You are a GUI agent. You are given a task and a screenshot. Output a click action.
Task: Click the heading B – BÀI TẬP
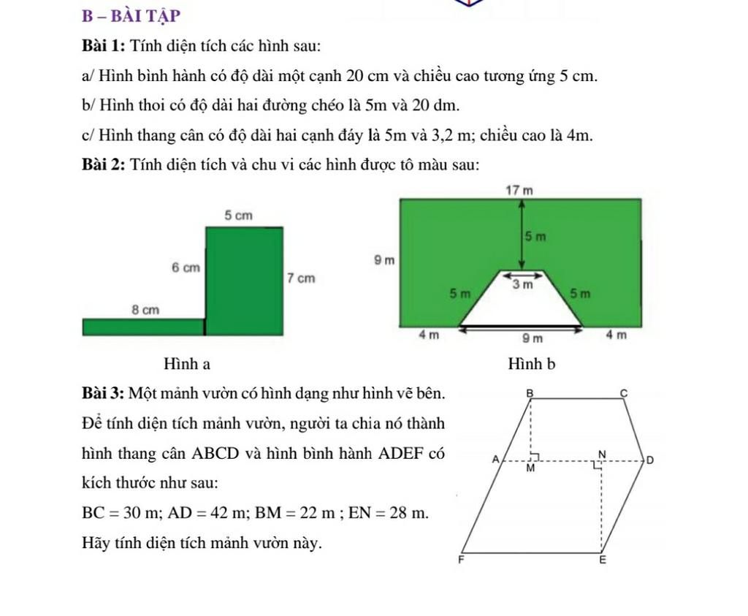point(132,15)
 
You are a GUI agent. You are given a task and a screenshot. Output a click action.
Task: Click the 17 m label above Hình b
point(519,190)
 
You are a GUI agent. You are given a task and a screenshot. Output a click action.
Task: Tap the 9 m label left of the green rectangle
point(383,259)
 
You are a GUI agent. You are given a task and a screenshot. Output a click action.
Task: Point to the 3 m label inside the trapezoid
point(521,285)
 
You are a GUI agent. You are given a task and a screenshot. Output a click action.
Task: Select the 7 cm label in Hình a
point(301,278)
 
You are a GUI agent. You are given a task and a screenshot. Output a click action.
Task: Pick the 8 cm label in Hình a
point(145,310)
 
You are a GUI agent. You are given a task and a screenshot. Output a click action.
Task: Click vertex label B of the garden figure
point(531,392)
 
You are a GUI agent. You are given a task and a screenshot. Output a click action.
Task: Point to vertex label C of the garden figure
point(624,392)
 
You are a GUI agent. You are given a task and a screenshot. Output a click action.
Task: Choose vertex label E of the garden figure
point(603,561)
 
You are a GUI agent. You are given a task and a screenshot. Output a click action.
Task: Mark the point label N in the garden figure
point(602,454)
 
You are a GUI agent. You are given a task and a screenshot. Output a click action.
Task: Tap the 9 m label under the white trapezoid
point(537,338)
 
